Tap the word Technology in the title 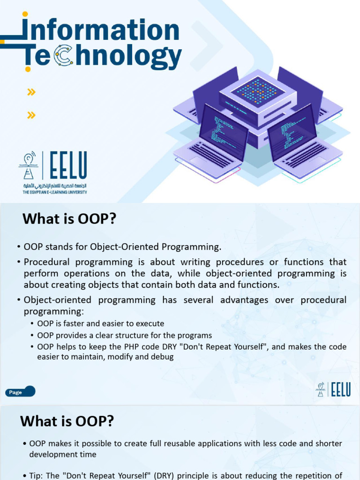pyautogui.click(x=103, y=57)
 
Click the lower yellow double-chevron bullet pyautogui.click(x=31, y=115)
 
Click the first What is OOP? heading pyautogui.click(x=69, y=218)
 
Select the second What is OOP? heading pyautogui.click(x=67, y=421)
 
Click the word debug pyautogui.click(x=163, y=357)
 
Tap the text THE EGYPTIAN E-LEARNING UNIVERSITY pyautogui.click(x=55, y=192)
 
